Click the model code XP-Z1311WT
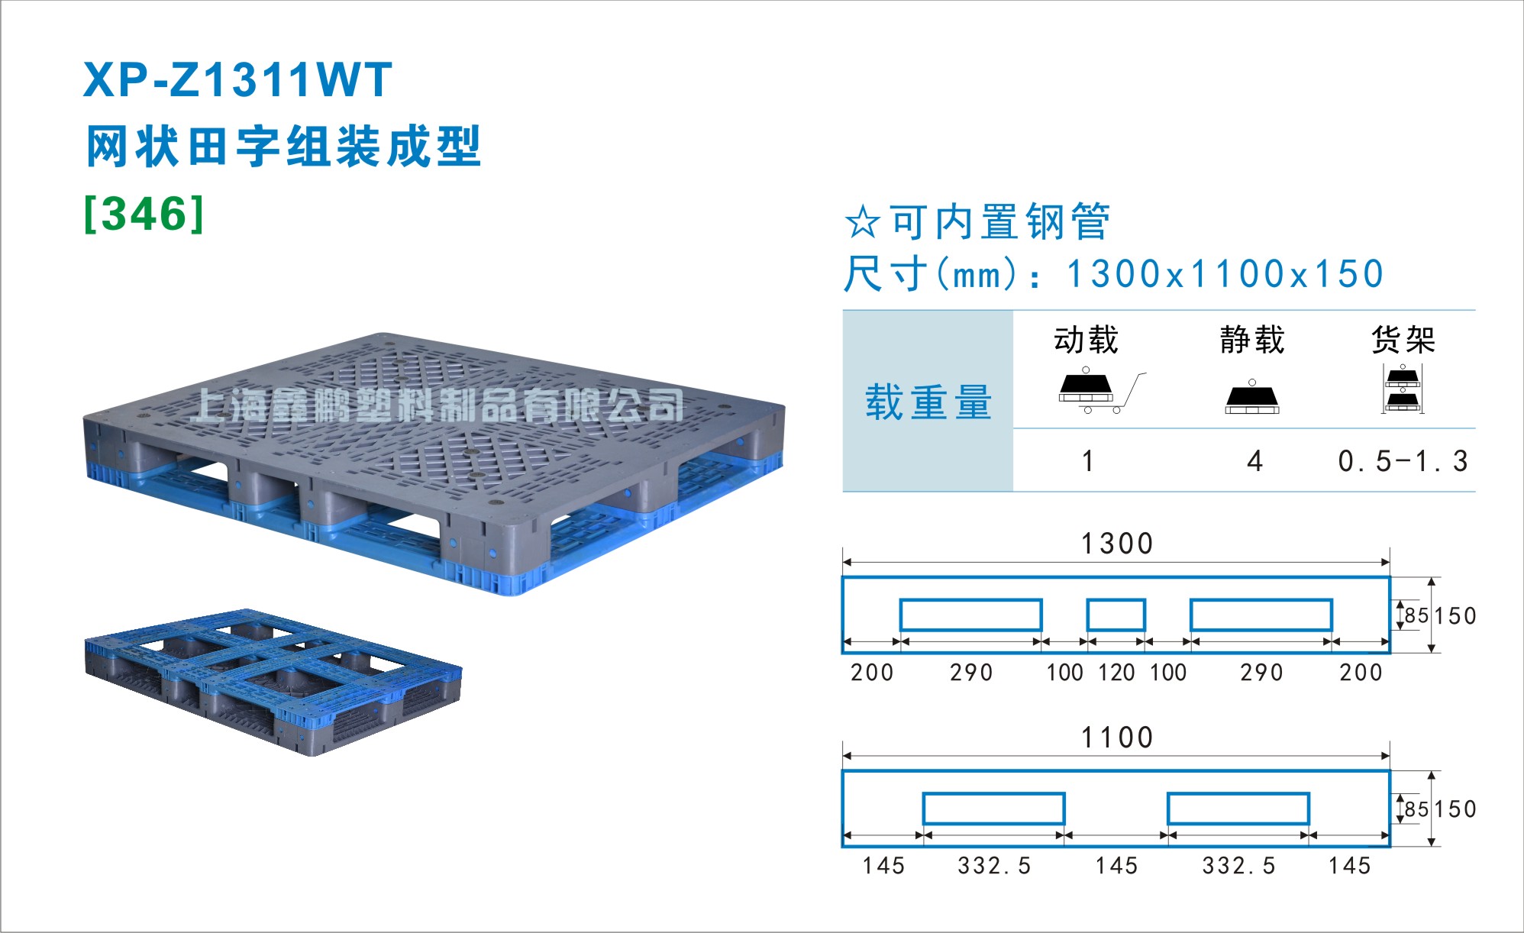tap(237, 80)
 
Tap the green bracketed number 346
tap(144, 214)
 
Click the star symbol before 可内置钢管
tap(863, 221)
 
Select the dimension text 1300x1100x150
tap(1225, 274)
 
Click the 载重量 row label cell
tap(928, 402)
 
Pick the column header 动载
tap(1086, 340)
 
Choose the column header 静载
tap(1252, 340)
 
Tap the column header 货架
tap(1403, 340)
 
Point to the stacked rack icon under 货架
tap(1403, 389)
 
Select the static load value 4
tap(1254, 461)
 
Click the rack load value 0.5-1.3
tap(1403, 461)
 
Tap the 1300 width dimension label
tap(1116, 544)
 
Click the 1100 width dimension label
tap(1116, 738)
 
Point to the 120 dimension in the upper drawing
tap(1116, 673)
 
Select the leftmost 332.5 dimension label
tap(994, 866)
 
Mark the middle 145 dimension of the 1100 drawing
tap(1116, 866)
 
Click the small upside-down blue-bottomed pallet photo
tap(273, 681)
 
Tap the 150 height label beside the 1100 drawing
tap(1455, 809)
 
